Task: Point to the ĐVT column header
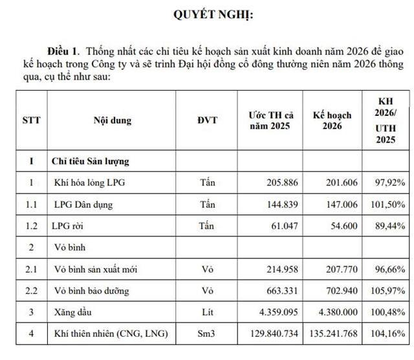coord(207,120)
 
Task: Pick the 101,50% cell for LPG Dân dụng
coord(389,205)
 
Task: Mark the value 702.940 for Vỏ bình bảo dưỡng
coord(340,291)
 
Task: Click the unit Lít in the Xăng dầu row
coord(207,313)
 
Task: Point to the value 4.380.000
coord(334,313)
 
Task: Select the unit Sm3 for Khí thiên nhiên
coord(207,334)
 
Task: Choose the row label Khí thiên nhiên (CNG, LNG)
coord(111,334)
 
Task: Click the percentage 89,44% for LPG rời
coord(391,227)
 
